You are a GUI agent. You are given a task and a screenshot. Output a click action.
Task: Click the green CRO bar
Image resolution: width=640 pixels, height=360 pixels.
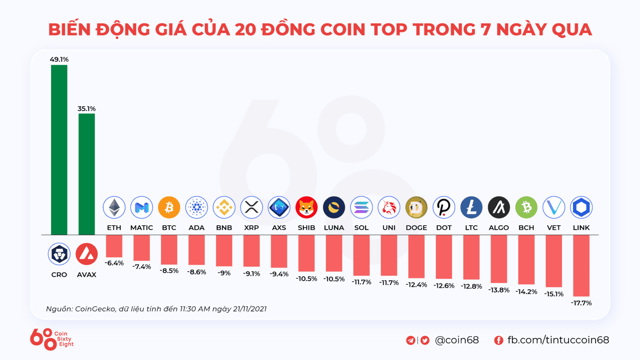pos(59,149)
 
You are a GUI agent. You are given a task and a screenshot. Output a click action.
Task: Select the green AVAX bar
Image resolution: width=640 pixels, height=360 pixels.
pos(87,174)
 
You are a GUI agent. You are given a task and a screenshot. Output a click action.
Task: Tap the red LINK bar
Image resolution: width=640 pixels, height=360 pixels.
pos(581,265)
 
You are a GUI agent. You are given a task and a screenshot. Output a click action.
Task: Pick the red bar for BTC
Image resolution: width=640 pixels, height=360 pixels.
pos(169,250)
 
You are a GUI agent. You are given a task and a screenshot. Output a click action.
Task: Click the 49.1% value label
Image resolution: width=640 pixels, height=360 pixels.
pos(59,59)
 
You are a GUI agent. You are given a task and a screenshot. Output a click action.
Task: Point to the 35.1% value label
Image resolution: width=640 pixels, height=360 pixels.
pos(87,109)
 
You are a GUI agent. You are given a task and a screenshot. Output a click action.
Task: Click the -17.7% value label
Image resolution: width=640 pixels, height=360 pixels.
pos(581,303)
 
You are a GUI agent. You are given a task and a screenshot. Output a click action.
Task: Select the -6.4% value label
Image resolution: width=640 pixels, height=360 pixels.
pos(114,263)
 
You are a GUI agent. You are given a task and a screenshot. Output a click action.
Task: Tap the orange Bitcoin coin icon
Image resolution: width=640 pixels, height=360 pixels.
pos(169,207)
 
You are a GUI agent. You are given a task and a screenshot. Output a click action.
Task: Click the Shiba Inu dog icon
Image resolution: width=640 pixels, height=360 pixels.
pos(306,207)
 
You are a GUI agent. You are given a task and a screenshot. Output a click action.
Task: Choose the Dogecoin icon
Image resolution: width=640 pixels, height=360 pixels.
pos(416,207)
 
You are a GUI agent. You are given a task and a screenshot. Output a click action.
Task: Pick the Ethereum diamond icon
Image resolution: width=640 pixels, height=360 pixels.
pos(114,207)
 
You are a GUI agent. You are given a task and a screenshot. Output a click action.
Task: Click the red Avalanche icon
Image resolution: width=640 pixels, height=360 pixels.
pos(87,254)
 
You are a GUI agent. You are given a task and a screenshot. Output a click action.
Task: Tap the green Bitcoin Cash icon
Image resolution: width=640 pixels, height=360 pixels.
pos(526,207)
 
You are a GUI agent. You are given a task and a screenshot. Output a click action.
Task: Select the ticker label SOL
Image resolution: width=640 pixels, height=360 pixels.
pos(361,228)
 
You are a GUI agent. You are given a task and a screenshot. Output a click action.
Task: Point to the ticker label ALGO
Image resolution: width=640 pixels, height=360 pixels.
pos(499,228)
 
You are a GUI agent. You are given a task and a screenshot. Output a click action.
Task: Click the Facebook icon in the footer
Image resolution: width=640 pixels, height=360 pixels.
pos(498,340)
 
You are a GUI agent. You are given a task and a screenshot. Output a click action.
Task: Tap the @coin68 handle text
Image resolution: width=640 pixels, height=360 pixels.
pos(457,340)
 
